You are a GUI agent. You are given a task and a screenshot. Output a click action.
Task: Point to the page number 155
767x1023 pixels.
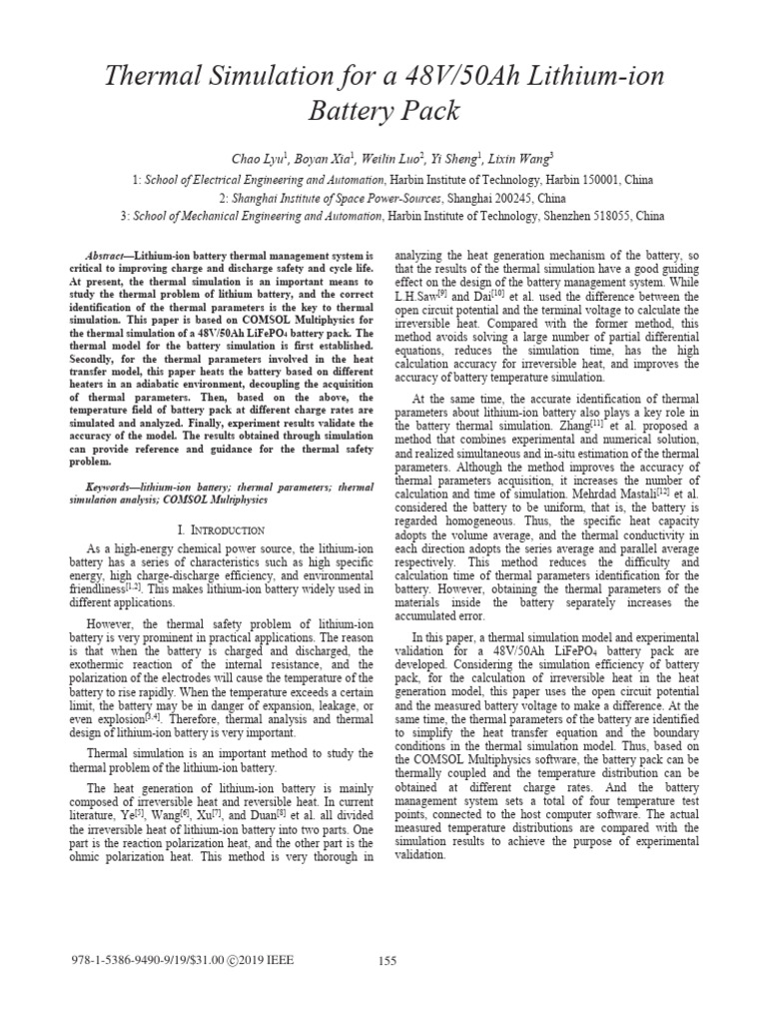tap(387, 961)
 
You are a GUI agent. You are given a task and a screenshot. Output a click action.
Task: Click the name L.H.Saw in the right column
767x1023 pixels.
tap(417, 298)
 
